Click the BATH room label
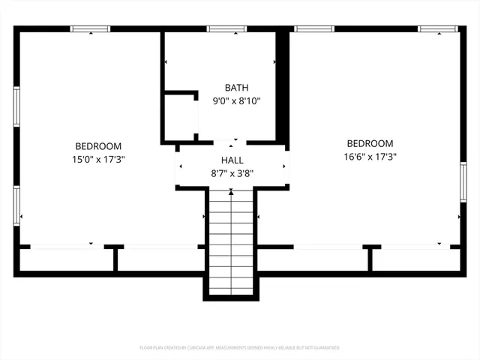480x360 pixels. [x=237, y=88]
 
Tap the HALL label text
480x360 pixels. [x=232, y=160]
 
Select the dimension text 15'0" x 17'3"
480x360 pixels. [x=97, y=159]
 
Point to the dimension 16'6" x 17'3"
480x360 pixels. [x=370, y=157]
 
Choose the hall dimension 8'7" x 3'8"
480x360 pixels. [x=232, y=172]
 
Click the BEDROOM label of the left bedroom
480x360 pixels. [x=97, y=146]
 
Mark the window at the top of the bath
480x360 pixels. [x=227, y=29]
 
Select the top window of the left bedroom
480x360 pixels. [x=90, y=29]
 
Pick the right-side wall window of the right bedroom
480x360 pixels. [x=463, y=182]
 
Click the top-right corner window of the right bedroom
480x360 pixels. [x=439, y=29]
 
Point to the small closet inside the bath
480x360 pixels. [x=180, y=116]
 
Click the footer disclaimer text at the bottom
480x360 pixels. [x=239, y=348]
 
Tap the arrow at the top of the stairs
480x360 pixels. [x=231, y=193]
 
